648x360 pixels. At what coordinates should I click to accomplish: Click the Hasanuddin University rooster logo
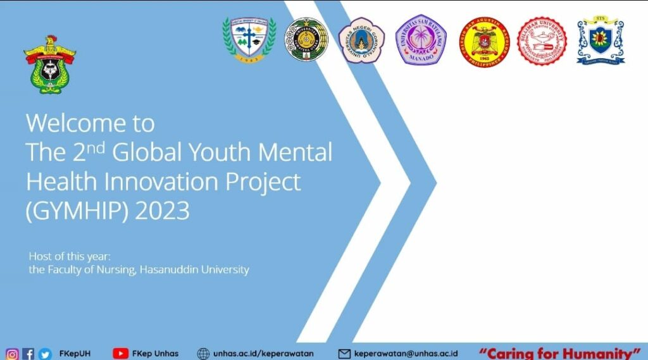pyautogui.click(x=49, y=65)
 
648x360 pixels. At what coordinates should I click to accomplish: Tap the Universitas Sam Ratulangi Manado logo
pyautogui.click(x=421, y=40)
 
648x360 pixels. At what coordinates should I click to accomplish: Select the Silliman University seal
pyautogui.click(x=542, y=41)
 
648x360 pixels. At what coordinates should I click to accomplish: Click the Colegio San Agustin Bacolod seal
pyautogui.click(x=484, y=42)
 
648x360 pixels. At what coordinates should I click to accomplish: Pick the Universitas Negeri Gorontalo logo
pyautogui.click(x=361, y=40)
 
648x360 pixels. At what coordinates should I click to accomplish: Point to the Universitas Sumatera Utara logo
pyautogui.click(x=306, y=40)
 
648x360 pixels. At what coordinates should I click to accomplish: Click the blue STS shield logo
pyautogui.click(x=601, y=41)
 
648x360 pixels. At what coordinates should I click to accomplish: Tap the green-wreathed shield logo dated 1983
pyautogui.click(x=249, y=40)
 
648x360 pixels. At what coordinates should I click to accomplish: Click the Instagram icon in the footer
pyautogui.click(x=12, y=354)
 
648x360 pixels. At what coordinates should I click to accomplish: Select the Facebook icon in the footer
pyautogui.click(x=28, y=354)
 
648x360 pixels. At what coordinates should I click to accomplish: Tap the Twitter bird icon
pyautogui.click(x=44, y=354)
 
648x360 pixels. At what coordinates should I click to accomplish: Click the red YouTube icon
pyautogui.click(x=120, y=354)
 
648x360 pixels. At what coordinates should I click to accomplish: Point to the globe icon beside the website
pyautogui.click(x=203, y=354)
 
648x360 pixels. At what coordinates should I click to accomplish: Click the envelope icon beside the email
pyautogui.click(x=344, y=354)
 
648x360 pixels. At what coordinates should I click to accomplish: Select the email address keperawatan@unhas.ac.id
pyautogui.click(x=406, y=354)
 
